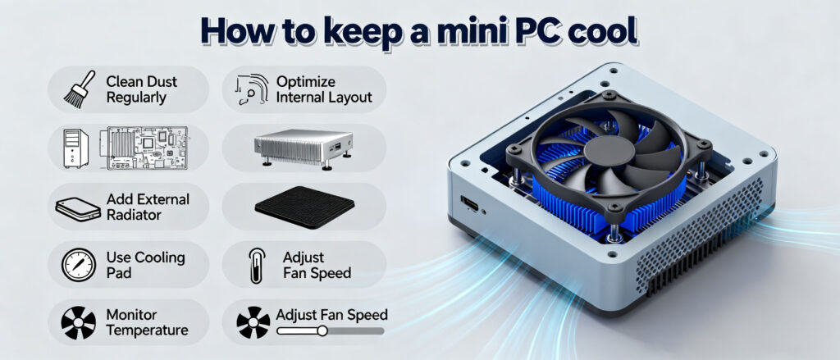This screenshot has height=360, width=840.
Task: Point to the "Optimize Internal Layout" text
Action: (x=324, y=89)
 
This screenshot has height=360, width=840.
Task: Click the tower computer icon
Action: (x=75, y=148)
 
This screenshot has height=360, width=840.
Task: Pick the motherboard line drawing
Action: (x=144, y=148)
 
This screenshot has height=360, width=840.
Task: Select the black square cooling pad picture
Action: (x=304, y=206)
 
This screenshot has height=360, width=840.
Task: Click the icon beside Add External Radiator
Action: (x=78, y=207)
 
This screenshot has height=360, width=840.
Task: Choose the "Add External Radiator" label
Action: (x=148, y=207)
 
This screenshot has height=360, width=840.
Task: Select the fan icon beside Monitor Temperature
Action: (x=79, y=323)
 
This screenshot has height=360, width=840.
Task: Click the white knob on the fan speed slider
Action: (x=322, y=331)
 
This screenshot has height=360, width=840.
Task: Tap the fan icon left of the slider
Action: (x=253, y=323)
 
